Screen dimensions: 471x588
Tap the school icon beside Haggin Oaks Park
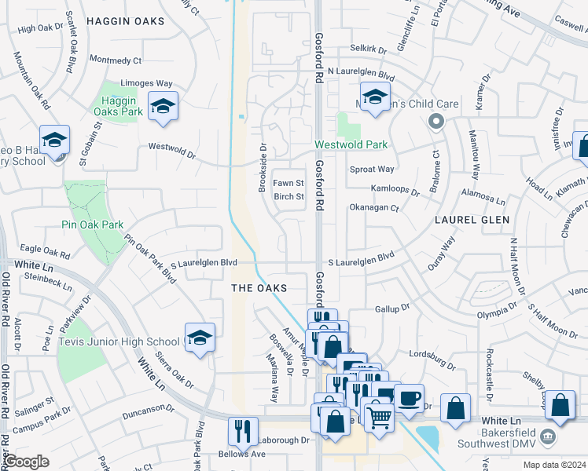tap(163, 107)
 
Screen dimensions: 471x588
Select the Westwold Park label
tap(351, 144)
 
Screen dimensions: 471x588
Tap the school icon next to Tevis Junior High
tap(200, 338)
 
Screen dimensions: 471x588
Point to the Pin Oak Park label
tap(93, 225)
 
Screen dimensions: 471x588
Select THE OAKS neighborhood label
tap(258, 288)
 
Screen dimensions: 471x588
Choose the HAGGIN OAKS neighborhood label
tap(126, 21)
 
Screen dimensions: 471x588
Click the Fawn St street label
tap(288, 183)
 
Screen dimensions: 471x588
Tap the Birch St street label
tap(288, 196)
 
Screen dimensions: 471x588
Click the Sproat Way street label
tap(371, 169)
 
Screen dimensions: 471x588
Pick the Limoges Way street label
tap(146, 83)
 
